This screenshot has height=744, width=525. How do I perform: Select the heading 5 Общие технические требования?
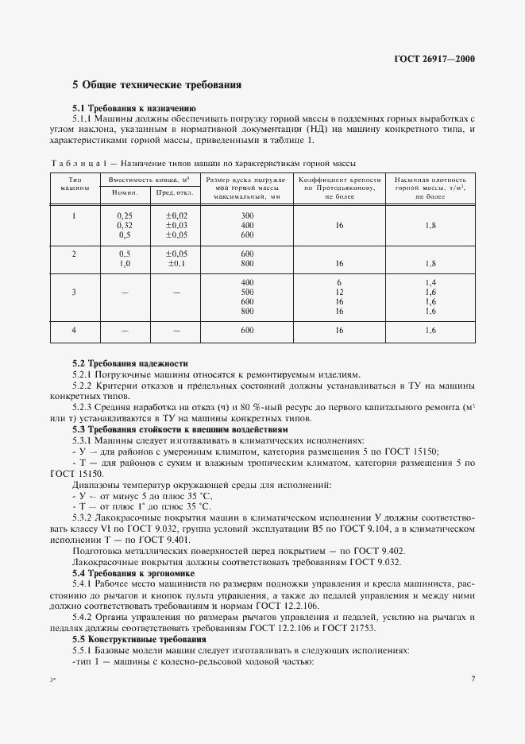(156, 84)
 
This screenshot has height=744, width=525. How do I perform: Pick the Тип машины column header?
(73, 184)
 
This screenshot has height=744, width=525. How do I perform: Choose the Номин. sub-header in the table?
(124, 192)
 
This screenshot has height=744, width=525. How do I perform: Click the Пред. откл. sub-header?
(175, 192)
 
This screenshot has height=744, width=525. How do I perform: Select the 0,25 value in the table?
(125, 216)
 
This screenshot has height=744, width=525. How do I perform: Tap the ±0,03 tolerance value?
(176, 226)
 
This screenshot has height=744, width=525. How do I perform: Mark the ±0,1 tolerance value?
(176, 263)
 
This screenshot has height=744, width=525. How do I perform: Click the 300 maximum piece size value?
(246, 216)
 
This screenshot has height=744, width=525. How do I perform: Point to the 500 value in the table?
(246, 293)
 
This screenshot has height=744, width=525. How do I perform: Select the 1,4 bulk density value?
(430, 283)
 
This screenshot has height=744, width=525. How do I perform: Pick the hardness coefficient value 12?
(339, 293)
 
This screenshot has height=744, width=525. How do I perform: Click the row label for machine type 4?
(73, 330)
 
